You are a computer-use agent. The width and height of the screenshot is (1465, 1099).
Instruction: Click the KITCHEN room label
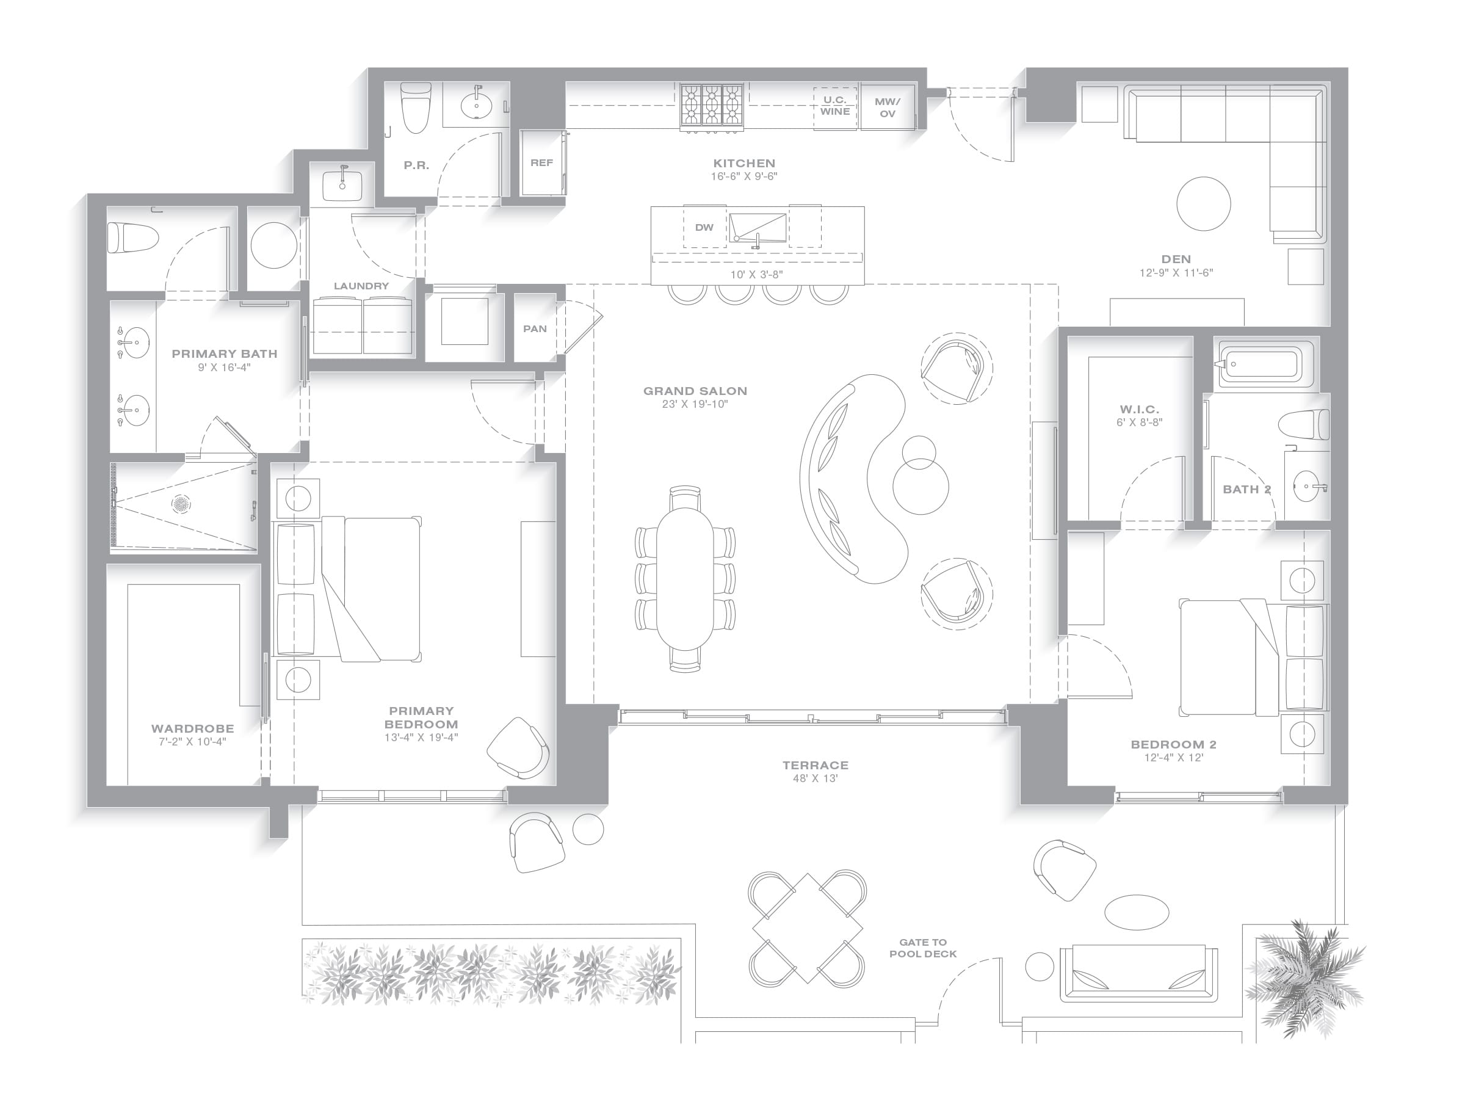click(743, 163)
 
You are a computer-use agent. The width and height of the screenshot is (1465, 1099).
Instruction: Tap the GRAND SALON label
click(695, 391)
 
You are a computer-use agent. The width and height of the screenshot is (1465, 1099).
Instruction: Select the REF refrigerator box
click(543, 163)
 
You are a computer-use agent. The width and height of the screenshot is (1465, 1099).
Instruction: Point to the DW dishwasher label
click(704, 227)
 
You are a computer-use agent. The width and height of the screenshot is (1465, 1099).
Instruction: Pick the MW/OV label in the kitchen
click(888, 107)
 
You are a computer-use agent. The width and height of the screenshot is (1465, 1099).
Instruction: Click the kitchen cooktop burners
click(712, 104)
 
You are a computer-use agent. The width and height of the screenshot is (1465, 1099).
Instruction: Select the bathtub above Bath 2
click(1265, 363)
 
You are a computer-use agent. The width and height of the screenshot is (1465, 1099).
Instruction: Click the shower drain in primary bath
click(181, 504)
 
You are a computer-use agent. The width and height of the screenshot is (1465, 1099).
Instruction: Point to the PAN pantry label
click(535, 328)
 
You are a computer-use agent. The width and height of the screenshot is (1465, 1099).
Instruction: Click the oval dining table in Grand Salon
click(685, 579)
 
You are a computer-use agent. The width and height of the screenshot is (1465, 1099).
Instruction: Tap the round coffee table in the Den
click(1203, 203)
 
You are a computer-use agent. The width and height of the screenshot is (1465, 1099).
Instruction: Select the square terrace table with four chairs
click(808, 928)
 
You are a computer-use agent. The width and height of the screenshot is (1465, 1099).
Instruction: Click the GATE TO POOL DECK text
click(922, 948)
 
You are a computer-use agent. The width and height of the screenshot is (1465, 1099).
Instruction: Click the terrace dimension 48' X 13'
click(816, 778)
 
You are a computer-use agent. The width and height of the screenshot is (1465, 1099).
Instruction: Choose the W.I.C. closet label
click(1139, 410)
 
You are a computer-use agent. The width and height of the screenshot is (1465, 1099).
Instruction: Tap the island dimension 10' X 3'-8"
click(756, 274)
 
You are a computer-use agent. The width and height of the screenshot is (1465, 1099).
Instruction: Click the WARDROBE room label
click(192, 728)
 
